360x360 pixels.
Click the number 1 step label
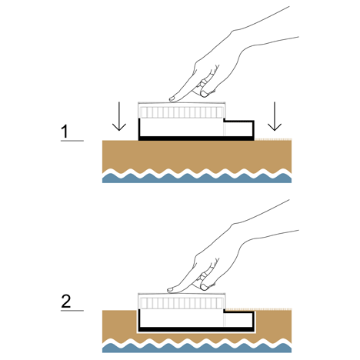tap(65, 131)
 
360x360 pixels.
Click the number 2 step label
tap(66, 302)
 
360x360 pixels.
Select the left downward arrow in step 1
tap(119, 116)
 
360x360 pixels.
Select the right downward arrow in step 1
tap(275, 116)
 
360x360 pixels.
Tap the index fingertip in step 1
tap(172, 98)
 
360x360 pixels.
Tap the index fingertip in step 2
tap(170, 290)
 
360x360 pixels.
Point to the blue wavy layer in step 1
tap(197, 178)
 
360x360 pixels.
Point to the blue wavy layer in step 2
tap(197, 348)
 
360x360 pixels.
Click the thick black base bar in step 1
tap(196, 138)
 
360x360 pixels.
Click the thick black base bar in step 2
tap(196, 329)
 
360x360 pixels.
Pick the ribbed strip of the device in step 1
tap(182, 112)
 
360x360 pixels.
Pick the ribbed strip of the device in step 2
tap(182, 303)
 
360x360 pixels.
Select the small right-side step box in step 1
tap(239, 128)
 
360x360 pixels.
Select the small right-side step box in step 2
tap(239, 319)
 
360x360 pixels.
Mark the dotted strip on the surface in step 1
tap(273, 139)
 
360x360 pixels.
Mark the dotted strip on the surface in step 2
tap(259, 309)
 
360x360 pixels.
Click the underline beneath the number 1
tap(72, 141)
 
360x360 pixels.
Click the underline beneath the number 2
tap(72, 311)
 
